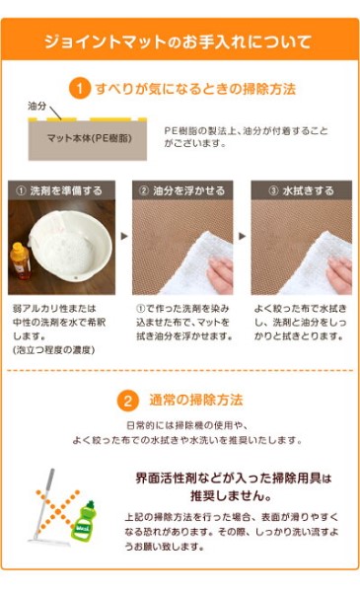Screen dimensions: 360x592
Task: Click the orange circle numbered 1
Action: click(x=80, y=89)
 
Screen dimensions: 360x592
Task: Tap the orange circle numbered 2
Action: click(x=128, y=401)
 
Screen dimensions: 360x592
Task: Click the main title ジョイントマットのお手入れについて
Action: click(x=179, y=41)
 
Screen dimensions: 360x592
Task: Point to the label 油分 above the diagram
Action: click(x=36, y=107)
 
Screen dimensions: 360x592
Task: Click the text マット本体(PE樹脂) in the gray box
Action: click(x=90, y=138)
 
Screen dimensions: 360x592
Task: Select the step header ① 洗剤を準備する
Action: click(x=61, y=190)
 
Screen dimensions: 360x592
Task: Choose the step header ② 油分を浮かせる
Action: click(x=182, y=190)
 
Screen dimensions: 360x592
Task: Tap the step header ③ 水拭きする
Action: click(x=302, y=190)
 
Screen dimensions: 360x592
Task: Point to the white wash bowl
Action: click(x=71, y=246)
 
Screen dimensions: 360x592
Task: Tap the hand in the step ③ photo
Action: click(x=339, y=274)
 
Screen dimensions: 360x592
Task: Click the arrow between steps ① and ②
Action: click(x=124, y=237)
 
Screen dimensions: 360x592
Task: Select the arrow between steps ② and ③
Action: click(x=243, y=237)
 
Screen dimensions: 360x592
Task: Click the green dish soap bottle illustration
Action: click(x=84, y=520)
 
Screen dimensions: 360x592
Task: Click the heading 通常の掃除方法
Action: click(x=196, y=400)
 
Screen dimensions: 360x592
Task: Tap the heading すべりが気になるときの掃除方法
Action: click(x=195, y=89)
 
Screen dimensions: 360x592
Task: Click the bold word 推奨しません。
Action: click(x=231, y=495)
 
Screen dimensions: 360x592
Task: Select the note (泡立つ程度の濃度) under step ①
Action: click(x=53, y=350)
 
